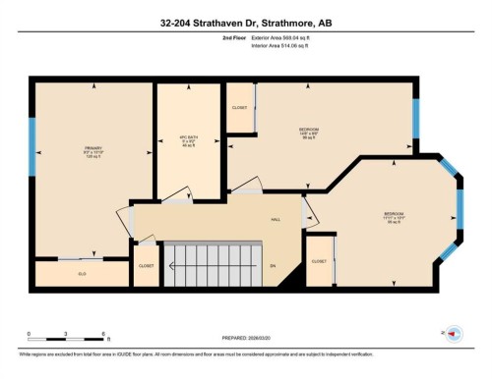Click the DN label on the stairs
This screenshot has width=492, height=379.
pyautogui.click(x=272, y=266)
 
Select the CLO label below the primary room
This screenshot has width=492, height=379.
pyautogui.click(x=83, y=273)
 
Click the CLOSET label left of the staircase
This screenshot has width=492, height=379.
pyautogui.click(x=147, y=265)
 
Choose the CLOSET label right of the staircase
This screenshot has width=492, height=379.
pyautogui.click(x=319, y=261)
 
